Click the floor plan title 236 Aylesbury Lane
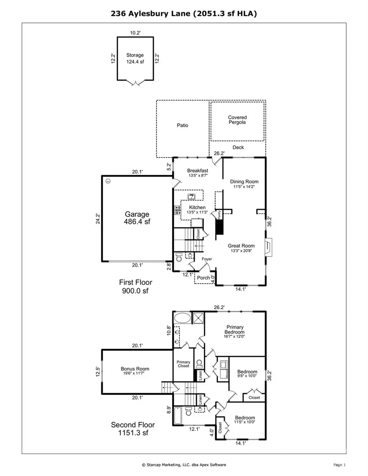pyautogui.click(x=184, y=13)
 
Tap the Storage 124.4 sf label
pyautogui.click(x=135, y=58)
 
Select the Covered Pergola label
pyautogui.click(x=237, y=120)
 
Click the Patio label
pyautogui.click(x=182, y=125)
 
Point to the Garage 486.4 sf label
pyautogui.click(x=137, y=217)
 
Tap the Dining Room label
pyautogui.click(x=244, y=184)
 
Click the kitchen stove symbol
pyautogui.click(x=178, y=210)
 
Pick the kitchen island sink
pyautogui.click(x=191, y=197)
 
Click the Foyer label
pyautogui.click(x=207, y=259)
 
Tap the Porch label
pyautogui.click(x=203, y=278)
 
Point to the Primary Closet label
pyautogui.click(x=184, y=364)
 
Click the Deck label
pyautogui.click(x=238, y=147)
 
